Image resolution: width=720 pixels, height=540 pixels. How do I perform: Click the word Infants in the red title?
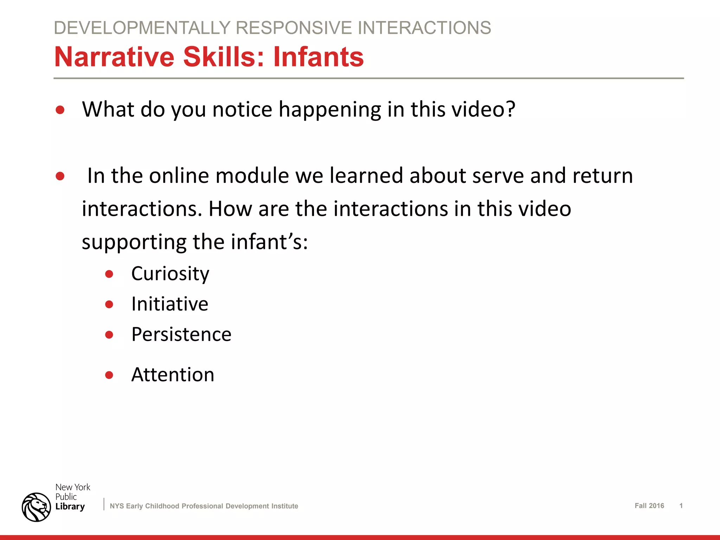coord(318,57)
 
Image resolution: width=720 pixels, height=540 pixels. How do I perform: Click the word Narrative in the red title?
coord(114,57)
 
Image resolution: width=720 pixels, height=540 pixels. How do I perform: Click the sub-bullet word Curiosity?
coord(170,274)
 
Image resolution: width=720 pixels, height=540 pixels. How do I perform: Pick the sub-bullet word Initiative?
coord(169,304)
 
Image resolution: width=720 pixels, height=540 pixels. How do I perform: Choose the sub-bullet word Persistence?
coord(181,334)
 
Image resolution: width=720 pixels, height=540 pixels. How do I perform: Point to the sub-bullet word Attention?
coord(173,374)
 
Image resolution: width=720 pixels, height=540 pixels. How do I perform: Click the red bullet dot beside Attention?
coord(109,375)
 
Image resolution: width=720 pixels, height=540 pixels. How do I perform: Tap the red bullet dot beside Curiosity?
coord(109,274)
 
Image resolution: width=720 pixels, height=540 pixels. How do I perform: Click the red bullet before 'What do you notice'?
coord(60,110)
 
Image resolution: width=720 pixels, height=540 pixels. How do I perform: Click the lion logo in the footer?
coord(36,507)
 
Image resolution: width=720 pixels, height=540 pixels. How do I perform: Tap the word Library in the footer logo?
coord(70,507)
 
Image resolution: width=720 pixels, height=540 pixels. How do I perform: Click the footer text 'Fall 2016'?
coord(649,506)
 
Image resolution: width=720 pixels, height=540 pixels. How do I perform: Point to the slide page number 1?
coord(681,506)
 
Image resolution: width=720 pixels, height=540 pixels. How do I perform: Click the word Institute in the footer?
coord(285,506)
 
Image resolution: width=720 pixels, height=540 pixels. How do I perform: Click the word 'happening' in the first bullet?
coord(330,110)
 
